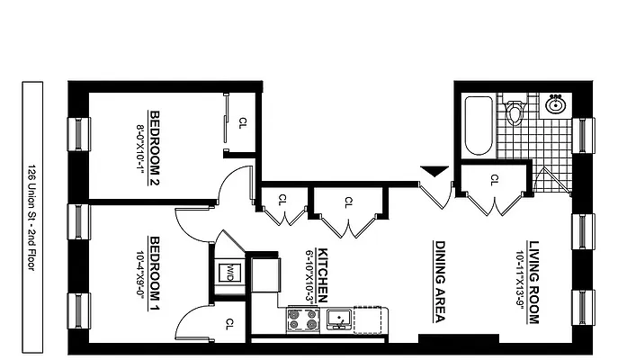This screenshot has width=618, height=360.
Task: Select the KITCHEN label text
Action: point(321,274)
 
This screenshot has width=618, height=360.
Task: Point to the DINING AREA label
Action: point(441,280)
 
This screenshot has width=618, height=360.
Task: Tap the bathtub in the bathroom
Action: point(478,127)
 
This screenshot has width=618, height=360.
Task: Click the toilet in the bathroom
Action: point(515,112)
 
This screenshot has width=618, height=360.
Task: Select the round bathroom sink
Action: point(555,105)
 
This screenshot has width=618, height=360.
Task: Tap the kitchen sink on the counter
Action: point(339,318)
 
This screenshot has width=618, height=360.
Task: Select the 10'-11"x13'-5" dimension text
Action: point(519,281)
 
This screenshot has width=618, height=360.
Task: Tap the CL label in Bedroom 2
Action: point(242,123)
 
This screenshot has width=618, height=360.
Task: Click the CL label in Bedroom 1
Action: point(230,323)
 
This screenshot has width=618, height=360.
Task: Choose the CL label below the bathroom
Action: point(494,179)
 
